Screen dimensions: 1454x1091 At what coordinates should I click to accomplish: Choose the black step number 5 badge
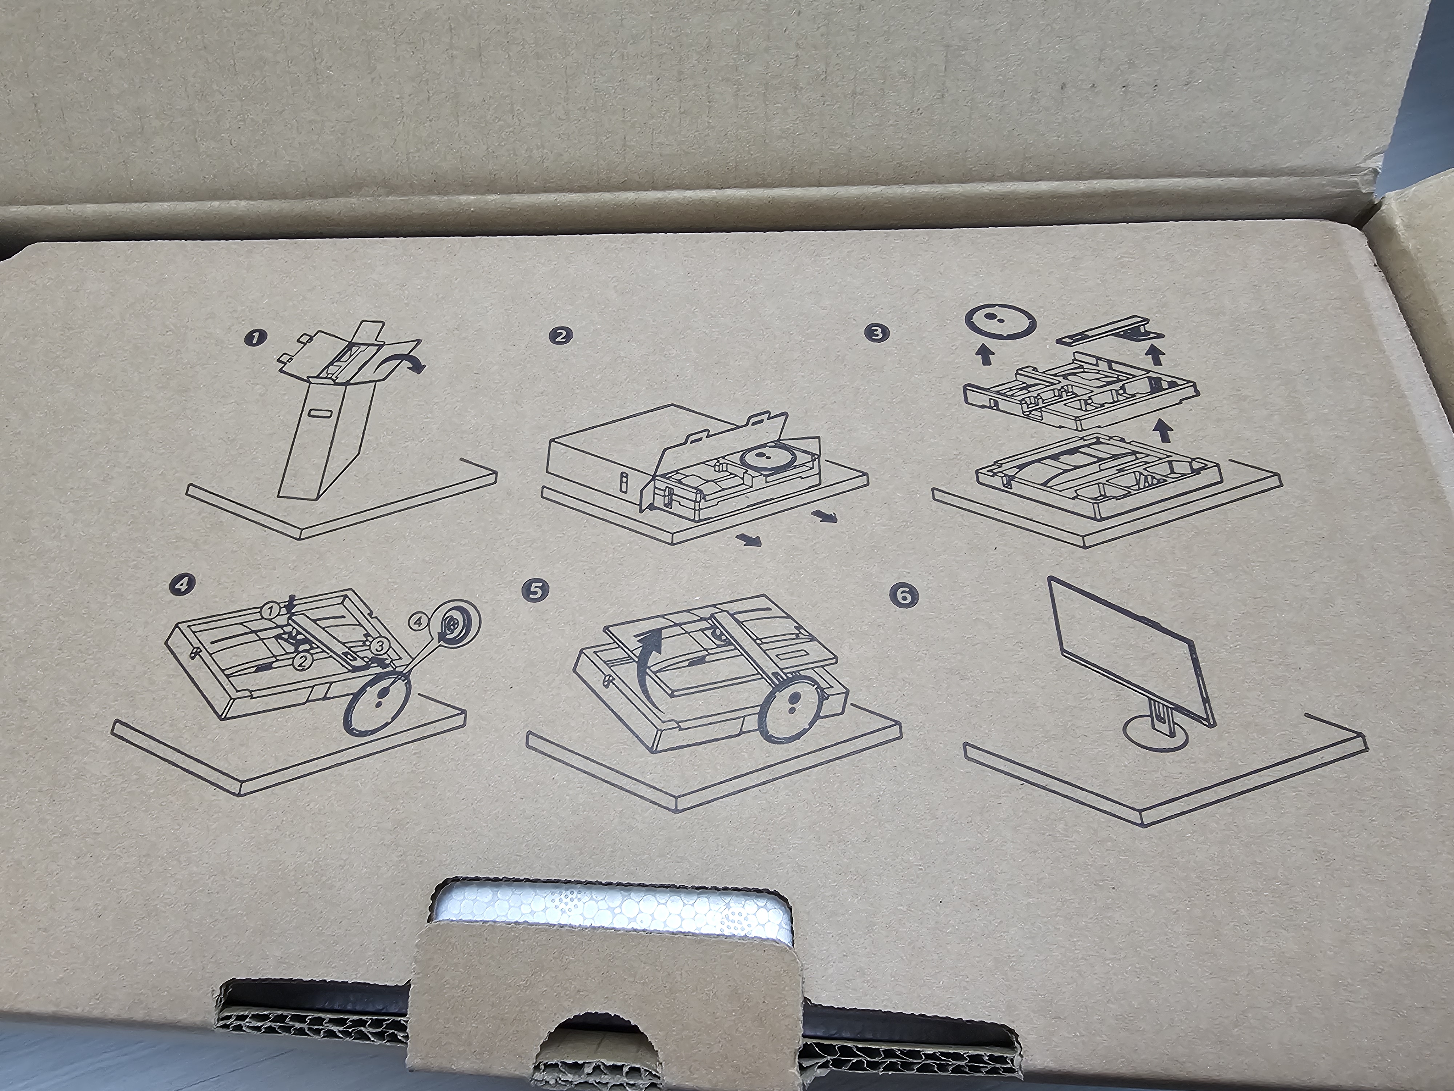click(x=536, y=590)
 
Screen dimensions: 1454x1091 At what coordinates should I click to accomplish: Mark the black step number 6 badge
click(x=904, y=595)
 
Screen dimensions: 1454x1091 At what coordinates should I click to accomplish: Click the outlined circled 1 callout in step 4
click(x=269, y=610)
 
